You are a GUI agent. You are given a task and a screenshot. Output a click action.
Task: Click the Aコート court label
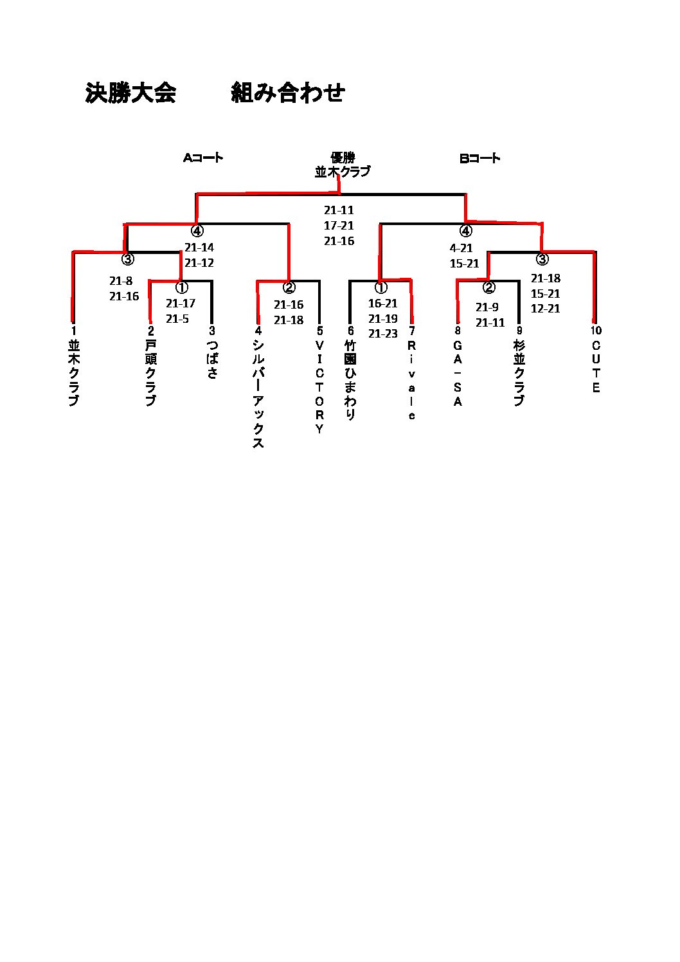coord(203,158)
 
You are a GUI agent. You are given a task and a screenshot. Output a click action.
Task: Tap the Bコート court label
coord(480,158)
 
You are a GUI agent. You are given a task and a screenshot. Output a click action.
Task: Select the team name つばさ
coord(212,359)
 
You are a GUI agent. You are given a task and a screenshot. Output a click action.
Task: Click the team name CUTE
coord(596,367)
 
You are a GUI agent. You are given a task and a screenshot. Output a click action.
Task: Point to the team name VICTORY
coord(319,386)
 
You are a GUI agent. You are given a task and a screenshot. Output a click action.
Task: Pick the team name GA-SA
coord(458,373)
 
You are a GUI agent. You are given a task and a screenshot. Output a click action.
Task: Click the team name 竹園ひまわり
coord(350,380)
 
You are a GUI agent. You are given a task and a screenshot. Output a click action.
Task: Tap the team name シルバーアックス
coord(258,394)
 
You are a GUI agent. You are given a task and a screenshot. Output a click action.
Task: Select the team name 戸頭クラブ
coord(150,373)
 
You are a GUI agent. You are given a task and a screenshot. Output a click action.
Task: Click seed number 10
coord(596,331)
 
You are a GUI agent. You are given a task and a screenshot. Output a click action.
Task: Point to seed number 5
coord(319,331)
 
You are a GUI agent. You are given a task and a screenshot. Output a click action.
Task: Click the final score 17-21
coord(339,226)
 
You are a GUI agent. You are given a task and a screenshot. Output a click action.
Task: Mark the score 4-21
coord(461,248)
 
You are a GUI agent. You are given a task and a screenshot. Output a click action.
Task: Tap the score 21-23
coord(383,334)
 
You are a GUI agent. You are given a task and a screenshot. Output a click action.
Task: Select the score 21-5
coord(177,319)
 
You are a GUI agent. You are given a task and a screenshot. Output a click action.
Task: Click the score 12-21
coord(545,309)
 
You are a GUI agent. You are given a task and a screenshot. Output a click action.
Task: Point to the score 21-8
coord(121,281)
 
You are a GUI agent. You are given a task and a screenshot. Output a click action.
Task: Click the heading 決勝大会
coord(130,93)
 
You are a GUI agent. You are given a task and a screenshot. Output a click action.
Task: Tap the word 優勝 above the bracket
coord(343,158)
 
